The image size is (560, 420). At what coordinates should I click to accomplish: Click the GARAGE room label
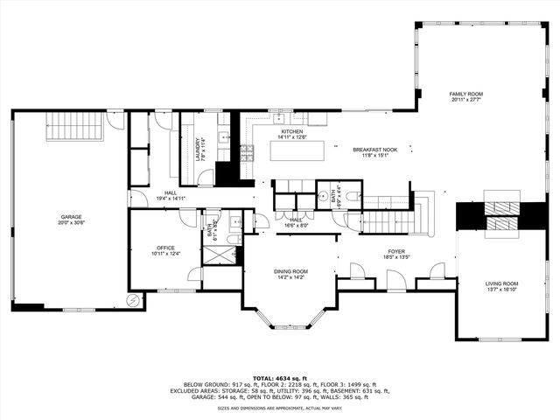pos(71,216)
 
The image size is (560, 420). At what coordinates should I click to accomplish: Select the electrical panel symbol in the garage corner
pos(133,300)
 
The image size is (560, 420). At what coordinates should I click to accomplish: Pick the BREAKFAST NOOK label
pos(374,150)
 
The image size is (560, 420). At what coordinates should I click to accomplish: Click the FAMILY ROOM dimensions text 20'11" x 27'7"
pos(466,101)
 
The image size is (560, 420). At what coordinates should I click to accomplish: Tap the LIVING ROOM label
pos(502,283)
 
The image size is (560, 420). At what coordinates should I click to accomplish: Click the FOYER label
pos(396,251)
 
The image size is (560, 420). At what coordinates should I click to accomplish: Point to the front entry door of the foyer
pos(395,282)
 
